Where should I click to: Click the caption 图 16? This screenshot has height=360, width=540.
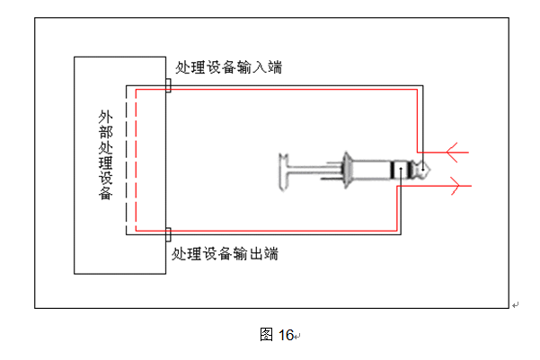click(277, 335)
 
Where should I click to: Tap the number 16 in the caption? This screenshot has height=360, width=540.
click(286, 335)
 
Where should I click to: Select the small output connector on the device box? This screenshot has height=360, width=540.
click(169, 235)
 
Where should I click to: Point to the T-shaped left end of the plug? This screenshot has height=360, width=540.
click(286, 171)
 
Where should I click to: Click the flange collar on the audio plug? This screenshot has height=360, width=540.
click(345, 171)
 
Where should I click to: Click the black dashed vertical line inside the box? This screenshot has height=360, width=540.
click(126, 162)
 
